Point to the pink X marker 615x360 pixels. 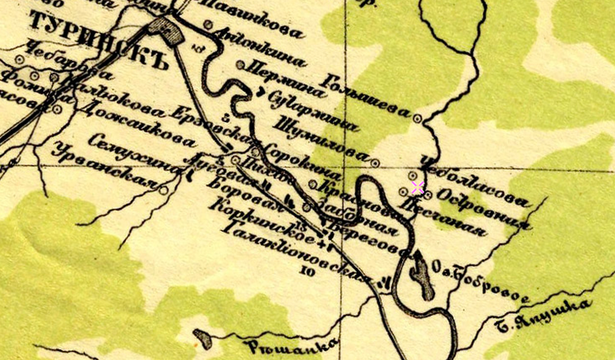418,188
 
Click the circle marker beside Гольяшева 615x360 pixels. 418,118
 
